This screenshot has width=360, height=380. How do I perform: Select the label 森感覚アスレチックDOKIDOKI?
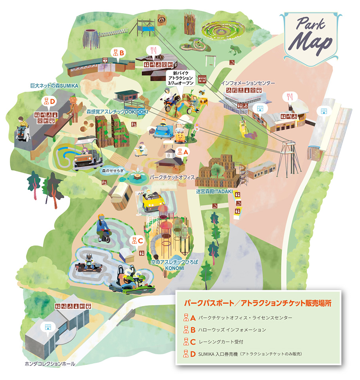(112, 112)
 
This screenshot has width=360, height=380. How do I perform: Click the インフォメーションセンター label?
(248, 84)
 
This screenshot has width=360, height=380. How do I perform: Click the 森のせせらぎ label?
(111, 171)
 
